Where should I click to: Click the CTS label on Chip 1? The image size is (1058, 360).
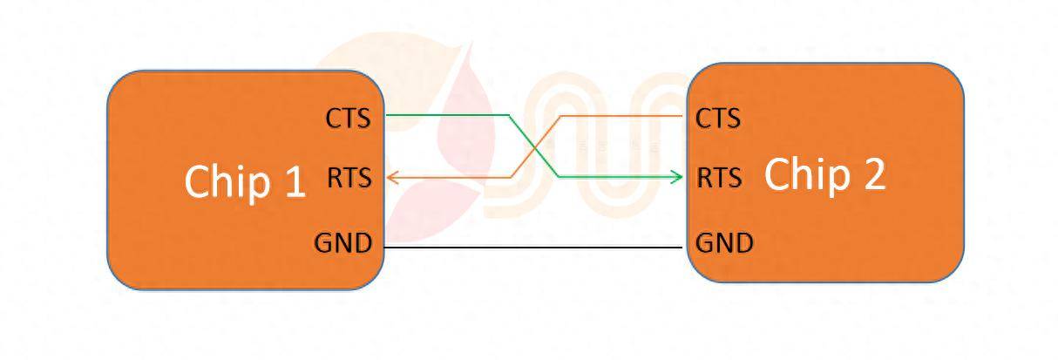coord(348,118)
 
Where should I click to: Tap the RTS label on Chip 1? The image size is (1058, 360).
coord(349,178)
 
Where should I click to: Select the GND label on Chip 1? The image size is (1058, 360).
coord(342,243)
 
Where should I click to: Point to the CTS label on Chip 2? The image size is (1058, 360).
coord(717,118)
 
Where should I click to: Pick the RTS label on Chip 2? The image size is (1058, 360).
coord(719,178)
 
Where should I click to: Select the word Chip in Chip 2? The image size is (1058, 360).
coord(804,174)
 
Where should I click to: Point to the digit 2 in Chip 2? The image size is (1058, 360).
coord(871,174)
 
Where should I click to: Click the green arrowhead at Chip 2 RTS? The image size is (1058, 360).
coord(678,178)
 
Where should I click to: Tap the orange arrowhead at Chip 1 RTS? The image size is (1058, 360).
coord(392,178)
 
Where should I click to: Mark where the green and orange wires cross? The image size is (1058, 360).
coord(533,146)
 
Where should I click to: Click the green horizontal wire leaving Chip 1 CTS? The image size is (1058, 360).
coord(444,114)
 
